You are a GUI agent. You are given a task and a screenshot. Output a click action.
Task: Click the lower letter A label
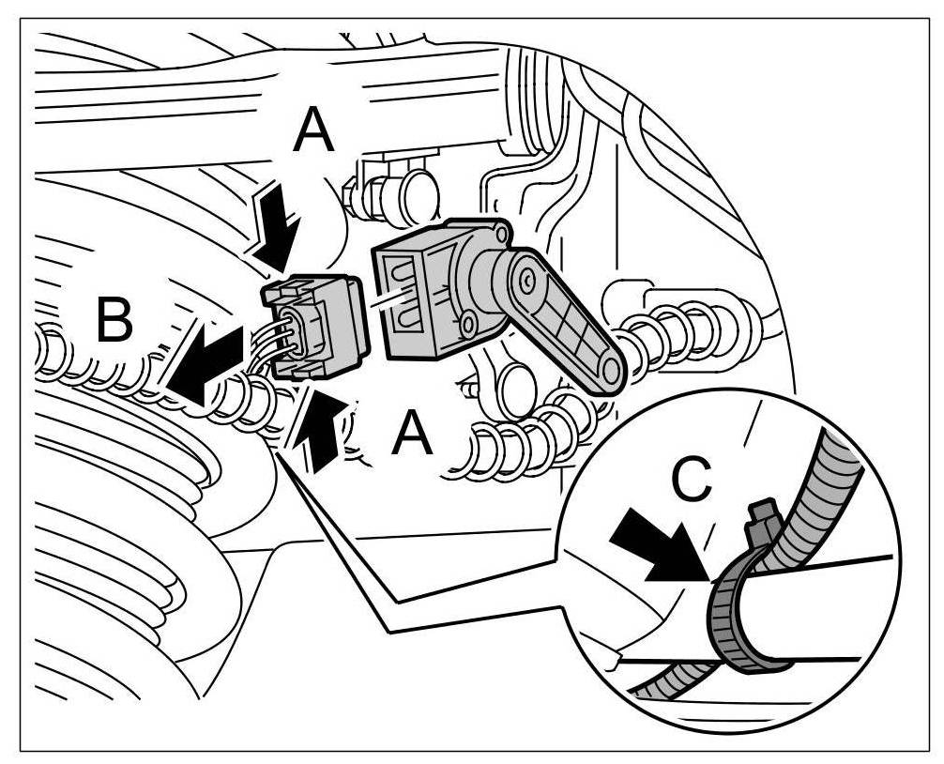(x=412, y=434)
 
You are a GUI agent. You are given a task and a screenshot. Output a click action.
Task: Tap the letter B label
(x=114, y=322)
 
